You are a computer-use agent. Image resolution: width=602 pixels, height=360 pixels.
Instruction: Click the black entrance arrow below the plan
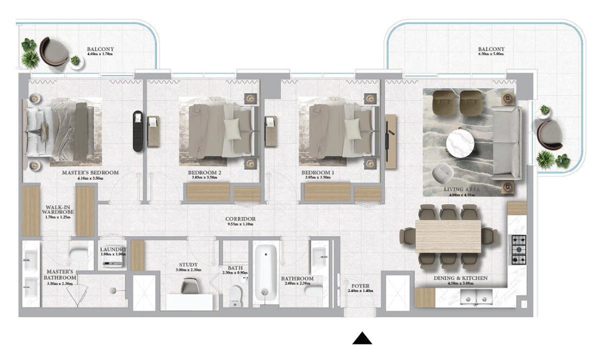[x=362, y=338]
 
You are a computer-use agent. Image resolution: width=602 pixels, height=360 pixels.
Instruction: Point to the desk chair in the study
[x=190, y=285]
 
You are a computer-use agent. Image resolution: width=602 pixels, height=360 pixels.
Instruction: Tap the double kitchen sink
[x=476, y=297]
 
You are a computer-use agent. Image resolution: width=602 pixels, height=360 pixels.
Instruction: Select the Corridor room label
[x=240, y=219]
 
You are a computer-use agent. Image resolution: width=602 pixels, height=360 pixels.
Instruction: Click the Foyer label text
[x=360, y=286]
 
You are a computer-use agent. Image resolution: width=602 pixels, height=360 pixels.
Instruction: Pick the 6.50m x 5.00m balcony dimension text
[x=491, y=54]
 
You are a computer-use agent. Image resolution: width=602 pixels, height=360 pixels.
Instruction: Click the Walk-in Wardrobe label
[x=58, y=209]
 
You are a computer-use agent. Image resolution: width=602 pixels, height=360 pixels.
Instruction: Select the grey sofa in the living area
[x=507, y=143]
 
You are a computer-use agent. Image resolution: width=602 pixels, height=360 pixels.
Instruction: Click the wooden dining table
[x=448, y=236]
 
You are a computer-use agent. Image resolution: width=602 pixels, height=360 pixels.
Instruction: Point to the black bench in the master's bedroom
[x=138, y=131]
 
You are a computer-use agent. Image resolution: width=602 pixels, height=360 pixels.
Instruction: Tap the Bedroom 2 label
[x=205, y=172]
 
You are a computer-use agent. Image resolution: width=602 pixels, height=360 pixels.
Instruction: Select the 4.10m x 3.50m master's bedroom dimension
[x=90, y=178]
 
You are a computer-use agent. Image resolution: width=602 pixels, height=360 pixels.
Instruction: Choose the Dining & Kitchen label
[x=460, y=278]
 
